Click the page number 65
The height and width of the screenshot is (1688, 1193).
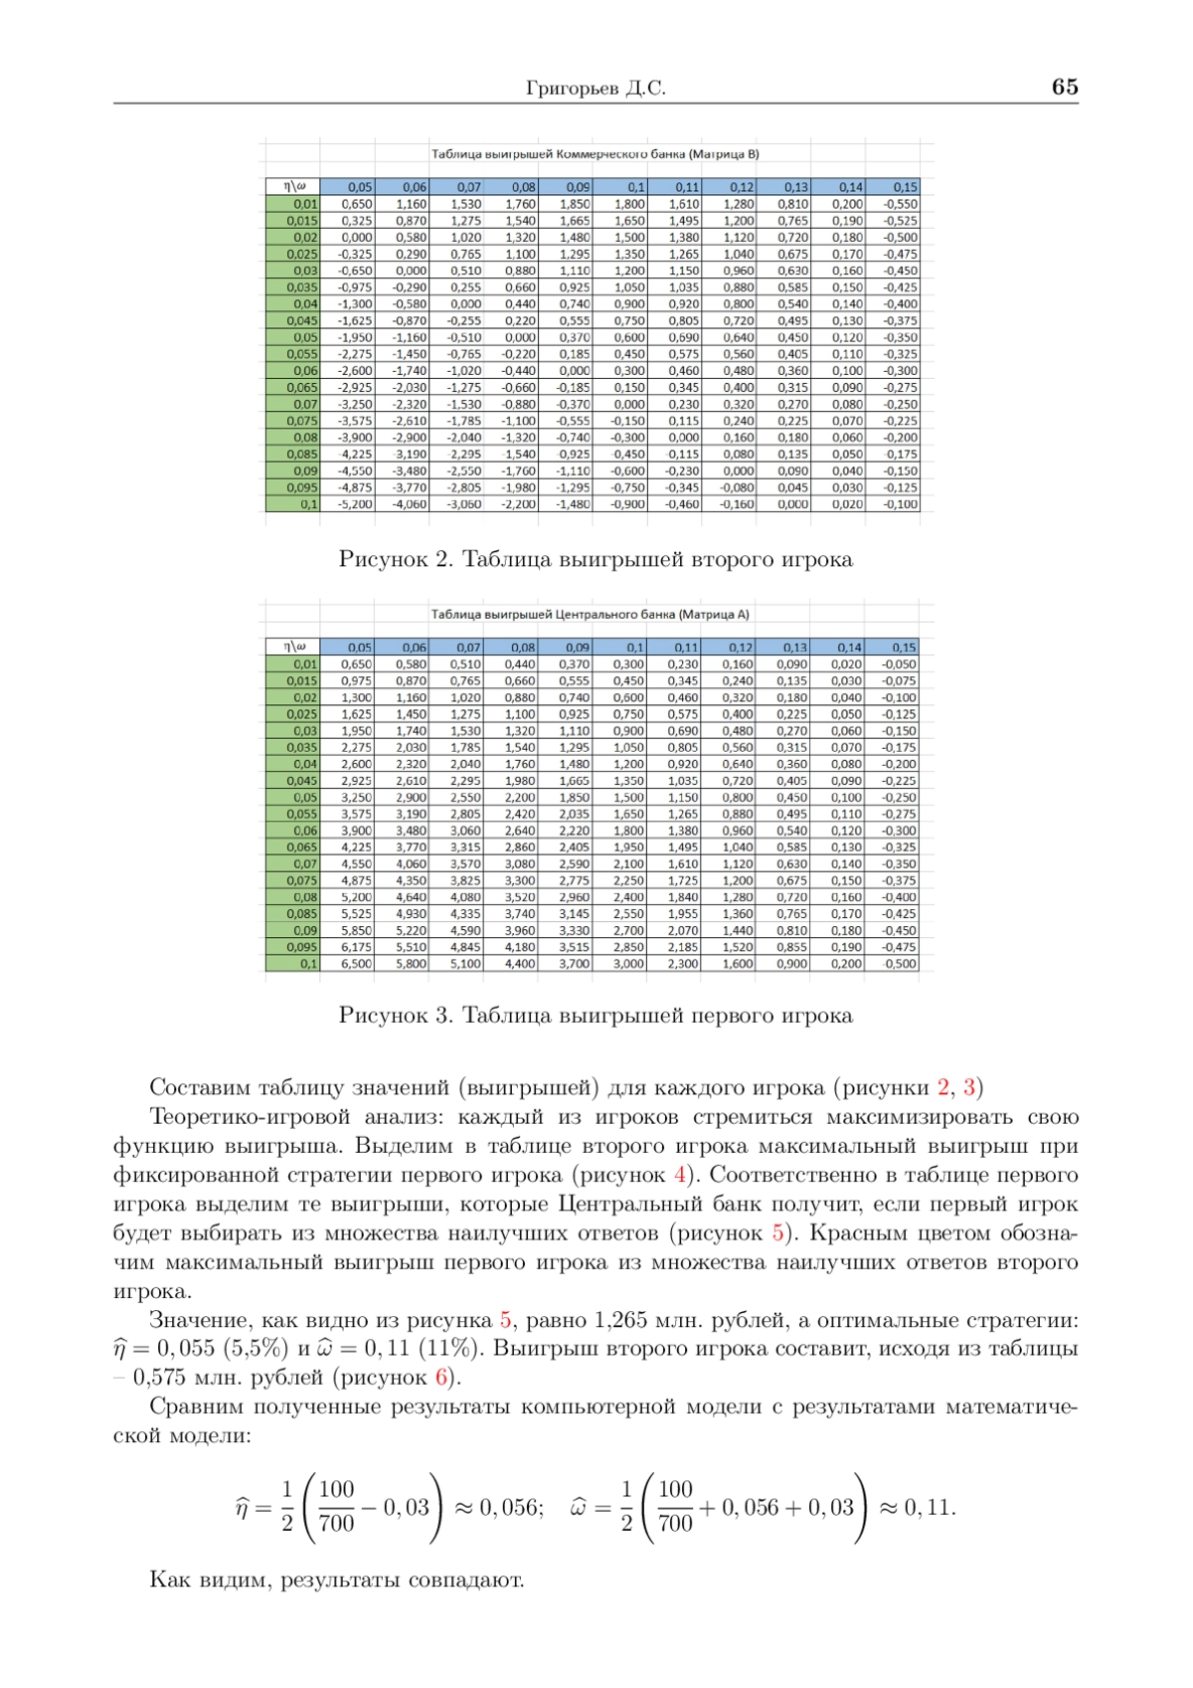coord(1064,88)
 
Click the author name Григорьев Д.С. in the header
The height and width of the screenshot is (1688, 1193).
coord(596,89)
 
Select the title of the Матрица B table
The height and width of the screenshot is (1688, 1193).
coord(595,154)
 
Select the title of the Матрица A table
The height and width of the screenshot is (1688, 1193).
coord(590,615)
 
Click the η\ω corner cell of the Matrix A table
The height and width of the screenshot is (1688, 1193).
coord(293,647)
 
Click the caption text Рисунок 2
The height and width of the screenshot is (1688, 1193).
coord(396,560)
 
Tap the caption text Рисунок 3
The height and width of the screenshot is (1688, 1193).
coord(396,1016)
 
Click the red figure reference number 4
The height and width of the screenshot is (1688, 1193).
coord(680,1175)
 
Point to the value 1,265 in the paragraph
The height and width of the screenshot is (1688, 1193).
coord(620,1320)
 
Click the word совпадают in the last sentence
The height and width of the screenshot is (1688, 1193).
coord(472,1580)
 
